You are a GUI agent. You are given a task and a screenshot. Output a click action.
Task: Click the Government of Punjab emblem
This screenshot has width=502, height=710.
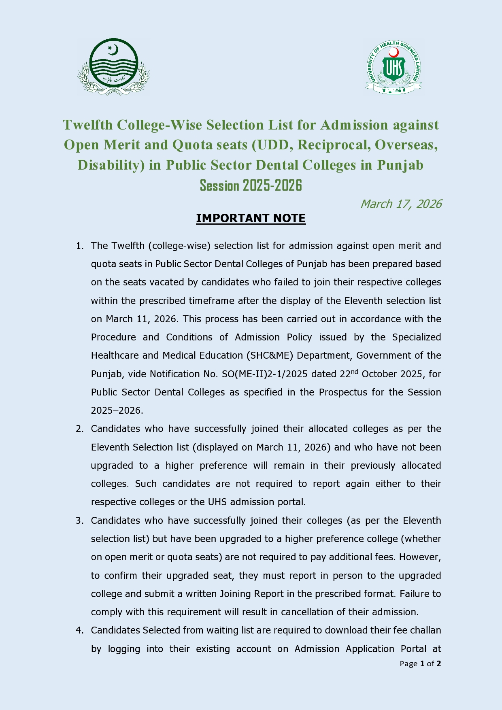coord(114,67)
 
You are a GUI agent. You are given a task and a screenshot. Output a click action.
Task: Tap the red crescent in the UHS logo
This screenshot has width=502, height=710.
coord(394,52)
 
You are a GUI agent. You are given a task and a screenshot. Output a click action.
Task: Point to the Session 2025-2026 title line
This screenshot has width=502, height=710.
coord(251,185)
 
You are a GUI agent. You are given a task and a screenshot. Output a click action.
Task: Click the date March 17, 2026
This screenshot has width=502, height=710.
coord(401,204)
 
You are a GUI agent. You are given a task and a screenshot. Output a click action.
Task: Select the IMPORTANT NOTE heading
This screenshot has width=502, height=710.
coord(251,218)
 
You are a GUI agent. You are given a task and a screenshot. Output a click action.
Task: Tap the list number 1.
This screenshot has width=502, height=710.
coord(79,246)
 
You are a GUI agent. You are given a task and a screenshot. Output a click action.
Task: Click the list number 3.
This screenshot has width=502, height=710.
coord(79,521)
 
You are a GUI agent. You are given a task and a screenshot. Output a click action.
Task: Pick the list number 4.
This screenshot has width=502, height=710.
coord(79,630)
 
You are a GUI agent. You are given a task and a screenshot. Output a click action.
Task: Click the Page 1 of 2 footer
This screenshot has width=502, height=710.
coord(420,663)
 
